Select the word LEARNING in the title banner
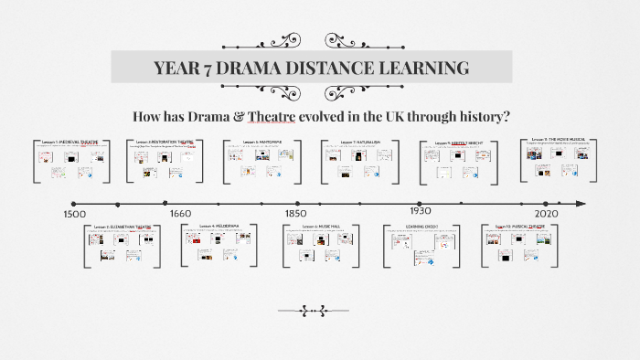coord(428,68)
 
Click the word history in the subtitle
coord(482,118)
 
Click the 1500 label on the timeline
coord(75,214)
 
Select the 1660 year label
coord(180,214)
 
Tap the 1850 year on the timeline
coord(296,214)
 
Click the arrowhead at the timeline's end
coord(581,204)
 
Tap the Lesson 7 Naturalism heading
coord(357,143)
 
